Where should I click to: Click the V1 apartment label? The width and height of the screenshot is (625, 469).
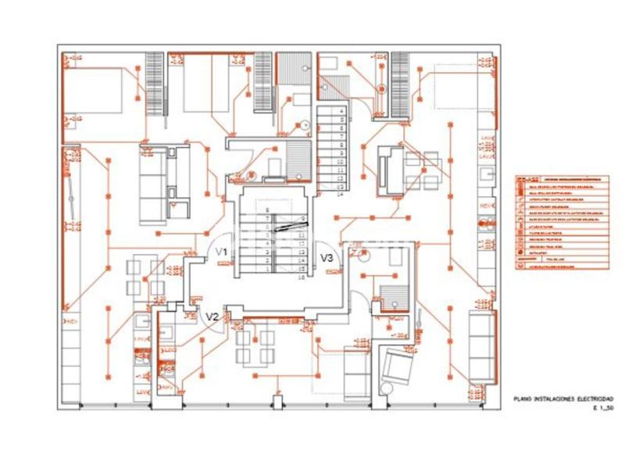click(222, 252)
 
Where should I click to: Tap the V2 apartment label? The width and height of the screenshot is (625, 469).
click(211, 316)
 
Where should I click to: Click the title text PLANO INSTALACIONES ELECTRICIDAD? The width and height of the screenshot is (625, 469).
click(563, 399)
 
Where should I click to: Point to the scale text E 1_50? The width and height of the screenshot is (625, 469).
click(603, 409)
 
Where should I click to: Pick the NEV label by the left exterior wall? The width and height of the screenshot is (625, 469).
click(71, 321)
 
